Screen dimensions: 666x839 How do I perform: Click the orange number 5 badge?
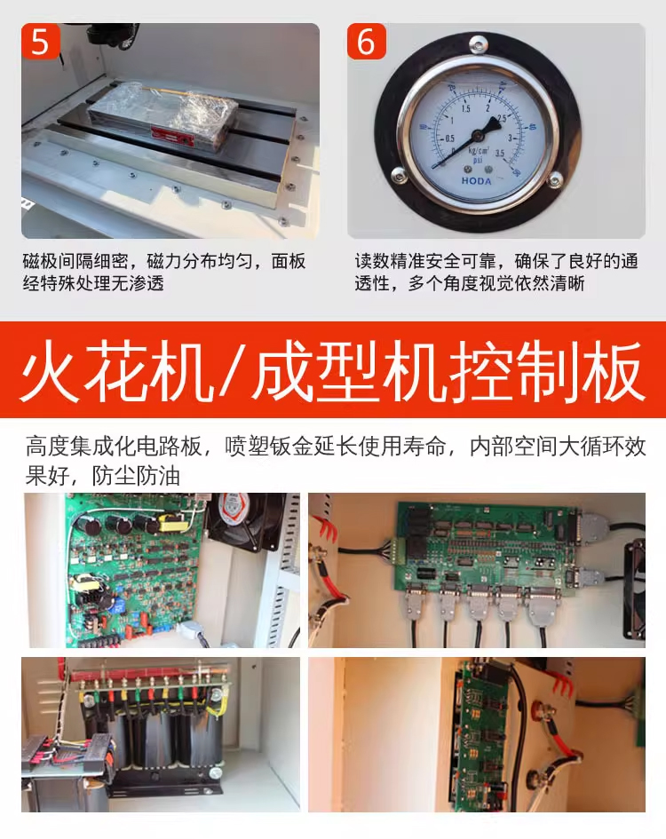[x=40, y=41]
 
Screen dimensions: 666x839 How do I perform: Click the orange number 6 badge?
[x=366, y=41]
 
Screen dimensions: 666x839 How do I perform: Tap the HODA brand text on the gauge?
[x=476, y=181]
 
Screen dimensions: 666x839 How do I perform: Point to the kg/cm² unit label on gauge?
[x=479, y=151]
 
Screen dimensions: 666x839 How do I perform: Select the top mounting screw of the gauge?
[x=478, y=43]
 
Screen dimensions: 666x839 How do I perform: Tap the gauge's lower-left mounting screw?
[x=399, y=174]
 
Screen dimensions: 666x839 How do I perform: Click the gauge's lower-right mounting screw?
[x=555, y=179]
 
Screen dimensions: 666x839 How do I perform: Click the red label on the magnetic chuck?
[x=172, y=137]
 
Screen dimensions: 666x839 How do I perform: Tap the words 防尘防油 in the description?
[x=136, y=476]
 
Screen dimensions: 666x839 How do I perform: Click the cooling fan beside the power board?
[x=246, y=522]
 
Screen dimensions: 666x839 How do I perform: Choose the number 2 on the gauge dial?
[x=488, y=108]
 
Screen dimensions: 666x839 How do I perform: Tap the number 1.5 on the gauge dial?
[x=465, y=108]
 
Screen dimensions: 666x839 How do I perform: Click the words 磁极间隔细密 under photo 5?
[x=75, y=261]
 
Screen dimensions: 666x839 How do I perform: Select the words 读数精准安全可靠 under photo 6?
[x=425, y=261]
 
